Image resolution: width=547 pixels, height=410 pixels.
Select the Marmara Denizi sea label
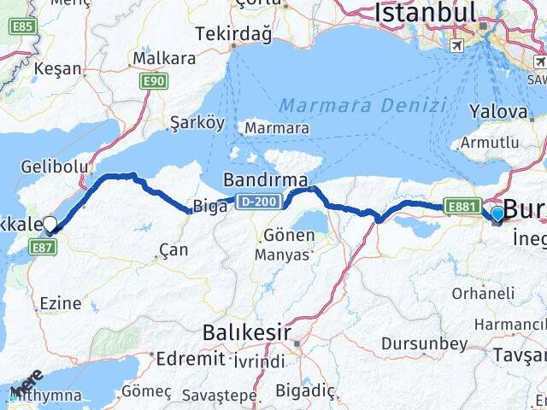click(363, 106)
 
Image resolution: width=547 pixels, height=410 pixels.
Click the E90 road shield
click(154, 80)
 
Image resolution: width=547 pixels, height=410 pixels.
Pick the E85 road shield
click(23, 26)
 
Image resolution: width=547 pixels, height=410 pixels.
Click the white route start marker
click(50, 225)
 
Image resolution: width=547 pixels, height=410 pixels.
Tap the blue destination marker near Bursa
click(497, 214)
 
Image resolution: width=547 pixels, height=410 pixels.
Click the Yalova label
click(498, 111)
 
